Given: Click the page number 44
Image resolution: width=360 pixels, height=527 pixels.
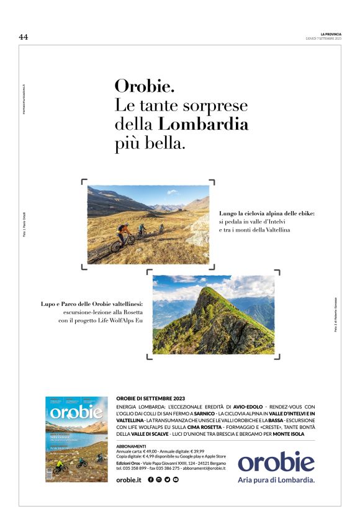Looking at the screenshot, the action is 24,37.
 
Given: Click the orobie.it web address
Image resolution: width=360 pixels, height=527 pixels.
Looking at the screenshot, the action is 129,480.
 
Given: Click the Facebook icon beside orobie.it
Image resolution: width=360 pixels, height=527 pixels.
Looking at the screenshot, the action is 151,480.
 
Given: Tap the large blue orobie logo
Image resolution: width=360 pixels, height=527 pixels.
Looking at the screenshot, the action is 276,462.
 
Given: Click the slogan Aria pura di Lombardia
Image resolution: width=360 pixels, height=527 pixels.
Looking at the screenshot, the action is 277,480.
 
